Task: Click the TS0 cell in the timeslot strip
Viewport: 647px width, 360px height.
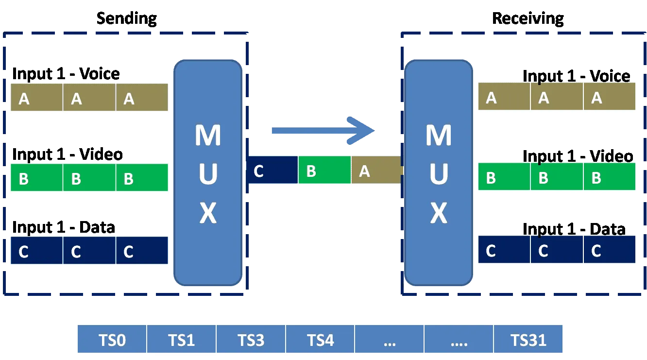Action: (112, 340)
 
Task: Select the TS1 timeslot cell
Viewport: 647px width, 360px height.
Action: (181, 340)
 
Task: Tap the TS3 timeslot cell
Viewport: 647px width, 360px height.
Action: (251, 340)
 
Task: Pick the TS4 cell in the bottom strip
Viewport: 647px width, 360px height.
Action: (320, 340)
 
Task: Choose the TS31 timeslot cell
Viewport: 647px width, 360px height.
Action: (528, 340)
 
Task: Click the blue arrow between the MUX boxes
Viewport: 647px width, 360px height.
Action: (323, 130)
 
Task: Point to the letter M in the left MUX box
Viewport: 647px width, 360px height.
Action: (208, 136)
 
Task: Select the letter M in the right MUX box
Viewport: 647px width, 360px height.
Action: (439, 136)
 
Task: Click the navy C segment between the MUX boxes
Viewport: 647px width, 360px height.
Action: (272, 171)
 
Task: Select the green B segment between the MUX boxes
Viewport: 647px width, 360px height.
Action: (324, 171)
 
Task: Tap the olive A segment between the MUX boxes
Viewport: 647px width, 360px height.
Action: (376, 171)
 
